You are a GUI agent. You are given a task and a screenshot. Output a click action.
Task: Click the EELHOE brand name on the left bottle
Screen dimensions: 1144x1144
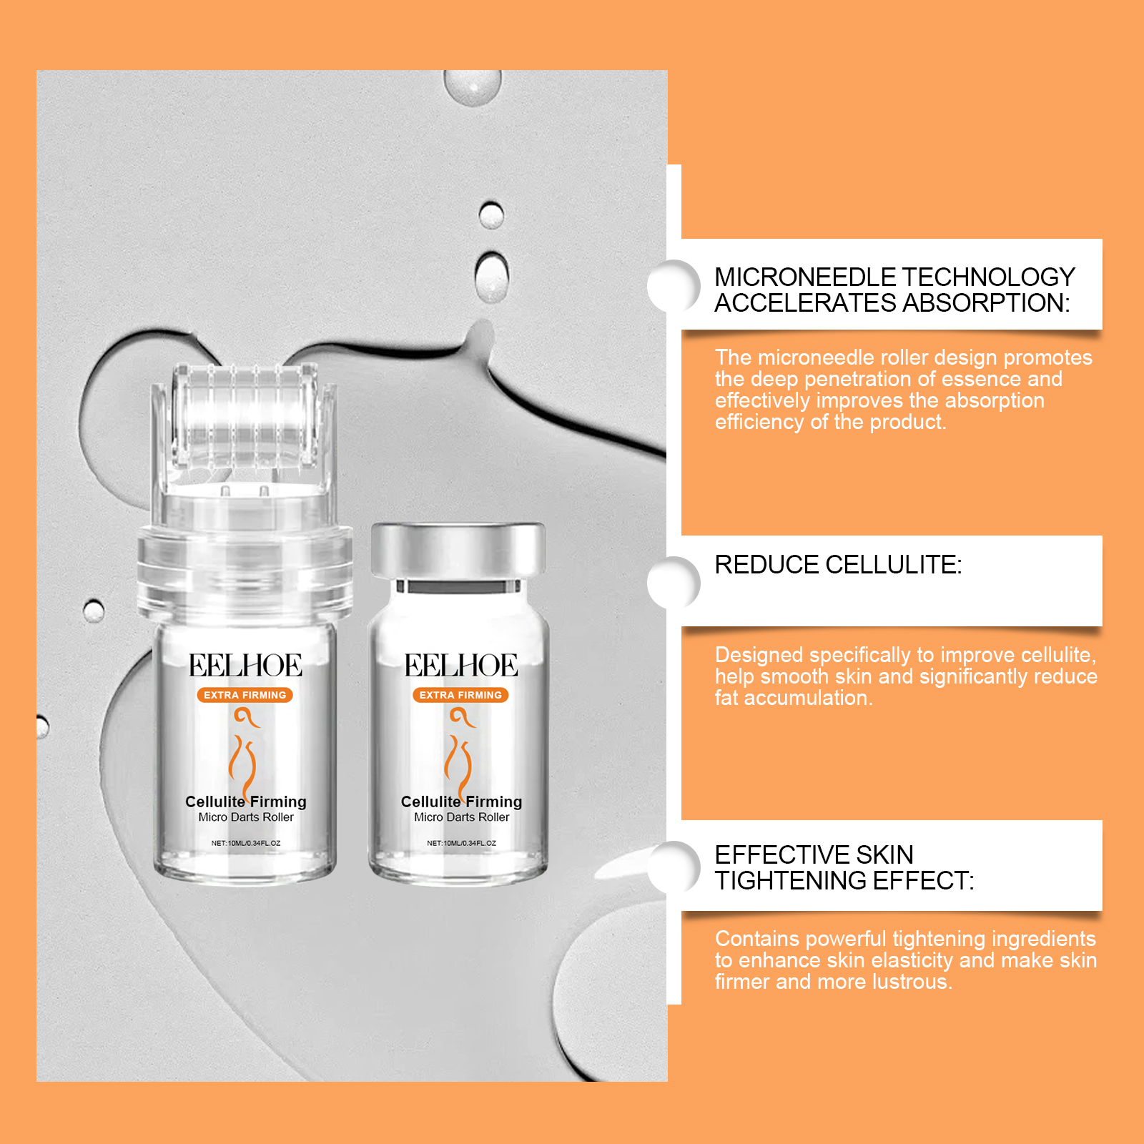point(245,666)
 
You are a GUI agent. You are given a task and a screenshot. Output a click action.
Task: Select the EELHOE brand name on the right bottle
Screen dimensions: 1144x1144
point(461,666)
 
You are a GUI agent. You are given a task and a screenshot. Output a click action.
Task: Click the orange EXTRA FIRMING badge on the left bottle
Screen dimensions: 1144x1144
point(245,695)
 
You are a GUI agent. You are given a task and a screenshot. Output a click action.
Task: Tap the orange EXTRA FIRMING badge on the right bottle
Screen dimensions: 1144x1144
point(460,695)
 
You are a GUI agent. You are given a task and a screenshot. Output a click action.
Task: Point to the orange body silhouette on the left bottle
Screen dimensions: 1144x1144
point(243,751)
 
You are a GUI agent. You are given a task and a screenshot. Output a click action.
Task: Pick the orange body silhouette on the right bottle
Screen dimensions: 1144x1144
point(459,751)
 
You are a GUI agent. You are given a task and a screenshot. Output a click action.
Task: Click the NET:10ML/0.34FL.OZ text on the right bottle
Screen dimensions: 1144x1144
point(461,843)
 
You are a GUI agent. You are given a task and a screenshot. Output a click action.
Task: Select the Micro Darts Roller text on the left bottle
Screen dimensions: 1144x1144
point(246,817)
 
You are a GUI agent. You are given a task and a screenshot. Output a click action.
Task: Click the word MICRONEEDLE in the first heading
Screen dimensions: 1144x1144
point(805,277)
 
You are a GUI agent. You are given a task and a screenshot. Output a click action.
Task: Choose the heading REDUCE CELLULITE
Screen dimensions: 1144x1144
point(838,565)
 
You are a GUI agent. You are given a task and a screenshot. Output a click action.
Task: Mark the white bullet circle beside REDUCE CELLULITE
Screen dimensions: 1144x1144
point(674,583)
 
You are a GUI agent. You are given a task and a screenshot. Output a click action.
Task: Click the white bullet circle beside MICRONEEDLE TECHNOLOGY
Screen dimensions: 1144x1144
point(674,286)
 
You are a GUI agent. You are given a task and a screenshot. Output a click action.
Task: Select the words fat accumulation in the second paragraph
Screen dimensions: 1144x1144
point(794,698)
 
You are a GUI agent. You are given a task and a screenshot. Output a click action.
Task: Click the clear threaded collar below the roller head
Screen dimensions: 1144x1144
point(245,568)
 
